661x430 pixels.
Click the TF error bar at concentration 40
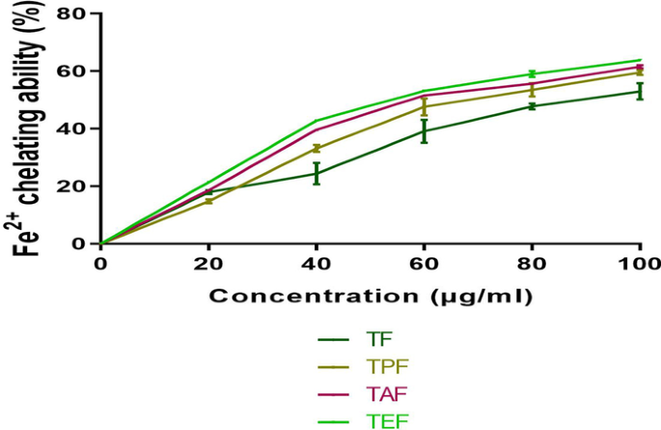[x=317, y=174]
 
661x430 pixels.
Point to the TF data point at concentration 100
[x=639, y=92]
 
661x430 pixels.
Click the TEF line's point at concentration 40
[x=317, y=121]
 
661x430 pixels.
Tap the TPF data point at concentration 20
[x=208, y=201]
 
